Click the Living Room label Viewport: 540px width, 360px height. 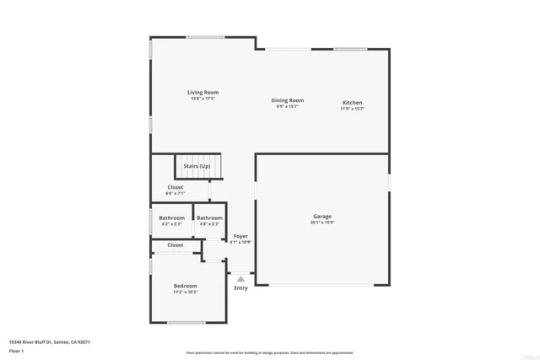202,92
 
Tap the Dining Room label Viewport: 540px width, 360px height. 287,100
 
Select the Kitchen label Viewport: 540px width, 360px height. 352,103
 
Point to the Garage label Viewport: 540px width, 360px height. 322,217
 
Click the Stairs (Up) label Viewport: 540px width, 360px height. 197,166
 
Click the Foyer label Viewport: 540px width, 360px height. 240,236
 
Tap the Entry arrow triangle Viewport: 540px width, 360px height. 240,277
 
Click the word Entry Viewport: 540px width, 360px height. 240,288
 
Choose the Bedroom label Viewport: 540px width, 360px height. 186,287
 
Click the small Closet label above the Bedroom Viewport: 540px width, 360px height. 175,245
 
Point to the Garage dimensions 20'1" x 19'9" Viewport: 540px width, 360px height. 322,223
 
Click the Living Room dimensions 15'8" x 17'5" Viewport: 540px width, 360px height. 202,99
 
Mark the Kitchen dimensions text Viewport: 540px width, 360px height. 352,109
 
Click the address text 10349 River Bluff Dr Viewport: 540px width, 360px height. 49,342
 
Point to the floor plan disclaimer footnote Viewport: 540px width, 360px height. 269,352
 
